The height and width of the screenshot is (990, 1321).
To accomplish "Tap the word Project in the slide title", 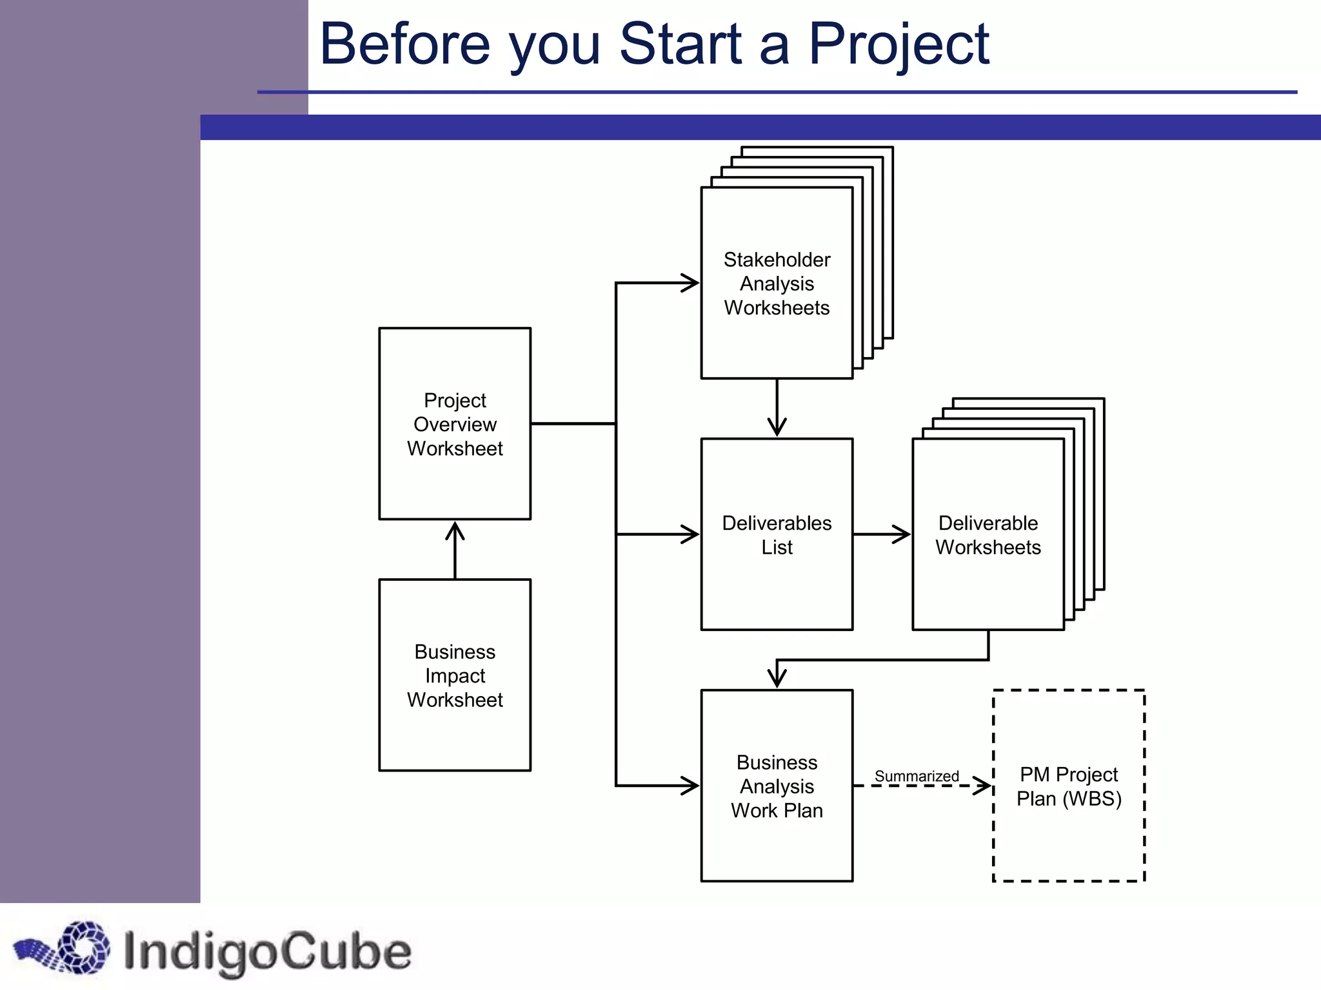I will click(x=898, y=45).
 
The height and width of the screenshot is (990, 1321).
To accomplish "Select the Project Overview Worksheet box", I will click(x=455, y=423).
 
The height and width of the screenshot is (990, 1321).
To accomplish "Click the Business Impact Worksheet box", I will click(x=455, y=675).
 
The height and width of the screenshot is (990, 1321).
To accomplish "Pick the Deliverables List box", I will click(x=777, y=534).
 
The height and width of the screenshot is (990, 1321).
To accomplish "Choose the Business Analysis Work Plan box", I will click(x=777, y=786).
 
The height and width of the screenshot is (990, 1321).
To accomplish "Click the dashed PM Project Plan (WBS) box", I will click(x=1069, y=786).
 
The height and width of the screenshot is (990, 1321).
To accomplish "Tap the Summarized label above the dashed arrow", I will click(x=917, y=776).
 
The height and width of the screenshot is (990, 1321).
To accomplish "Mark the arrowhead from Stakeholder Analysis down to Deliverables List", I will click(x=777, y=428).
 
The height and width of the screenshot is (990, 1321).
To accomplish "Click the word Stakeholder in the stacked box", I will click(x=777, y=260).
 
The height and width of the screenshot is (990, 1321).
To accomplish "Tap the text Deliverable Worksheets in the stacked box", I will click(x=988, y=535).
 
